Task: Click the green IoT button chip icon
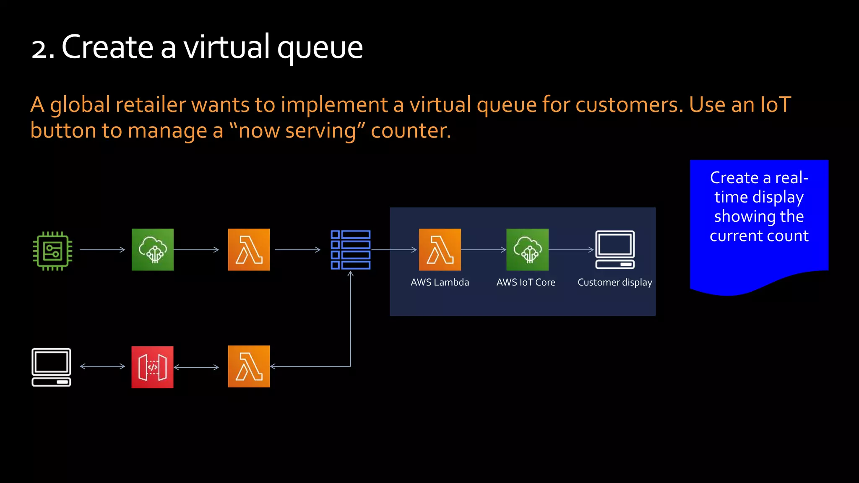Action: (x=52, y=251)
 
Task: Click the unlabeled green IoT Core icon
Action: (x=152, y=249)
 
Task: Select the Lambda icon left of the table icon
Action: (x=249, y=249)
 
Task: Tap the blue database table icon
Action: (x=350, y=249)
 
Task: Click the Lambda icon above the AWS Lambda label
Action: (x=440, y=249)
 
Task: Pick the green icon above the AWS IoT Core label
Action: (x=527, y=249)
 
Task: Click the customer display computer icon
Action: (x=615, y=249)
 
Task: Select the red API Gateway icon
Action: (x=152, y=367)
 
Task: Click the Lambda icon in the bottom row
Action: (x=249, y=366)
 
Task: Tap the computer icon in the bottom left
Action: (x=51, y=367)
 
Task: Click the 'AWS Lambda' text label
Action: (x=440, y=282)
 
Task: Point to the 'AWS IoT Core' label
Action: (x=526, y=282)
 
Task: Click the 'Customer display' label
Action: (x=614, y=283)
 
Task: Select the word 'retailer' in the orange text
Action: (x=151, y=105)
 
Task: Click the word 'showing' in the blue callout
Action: (x=744, y=217)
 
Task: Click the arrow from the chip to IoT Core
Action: (x=102, y=249)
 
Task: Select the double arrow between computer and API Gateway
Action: (x=102, y=366)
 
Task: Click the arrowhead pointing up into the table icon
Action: (x=351, y=274)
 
